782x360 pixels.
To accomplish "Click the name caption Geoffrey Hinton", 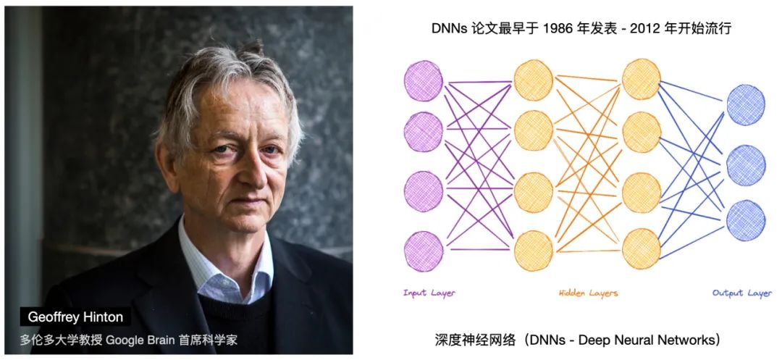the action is (75, 317).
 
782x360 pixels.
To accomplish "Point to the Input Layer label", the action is (429, 293).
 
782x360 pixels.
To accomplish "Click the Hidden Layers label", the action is (588, 293).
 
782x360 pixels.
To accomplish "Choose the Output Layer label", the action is (742, 293).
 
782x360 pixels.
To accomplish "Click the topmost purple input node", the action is (424, 81).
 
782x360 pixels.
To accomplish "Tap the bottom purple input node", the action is (424, 251).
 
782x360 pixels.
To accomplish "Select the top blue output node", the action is (746, 105).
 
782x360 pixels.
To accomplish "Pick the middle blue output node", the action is (746, 166).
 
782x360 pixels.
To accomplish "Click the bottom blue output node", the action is (746, 220).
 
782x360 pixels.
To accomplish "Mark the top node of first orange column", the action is (533, 80).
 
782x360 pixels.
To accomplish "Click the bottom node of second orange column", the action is (642, 248).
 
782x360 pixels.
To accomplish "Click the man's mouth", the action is (248, 202).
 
